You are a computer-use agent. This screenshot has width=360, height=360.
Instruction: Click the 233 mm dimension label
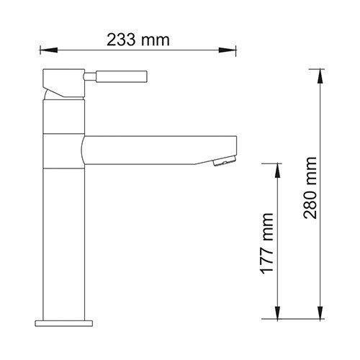[138, 40]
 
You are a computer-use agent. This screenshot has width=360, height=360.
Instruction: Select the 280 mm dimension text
[310, 188]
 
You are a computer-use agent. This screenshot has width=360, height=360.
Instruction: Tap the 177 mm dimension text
[266, 243]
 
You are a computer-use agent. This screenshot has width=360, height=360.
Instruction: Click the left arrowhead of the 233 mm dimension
[49, 50]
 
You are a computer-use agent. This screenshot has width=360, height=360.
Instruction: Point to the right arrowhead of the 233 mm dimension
[228, 50]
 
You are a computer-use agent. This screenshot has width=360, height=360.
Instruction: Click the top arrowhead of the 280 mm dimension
[320, 76]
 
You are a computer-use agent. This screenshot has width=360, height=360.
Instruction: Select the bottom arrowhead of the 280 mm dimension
[320, 312]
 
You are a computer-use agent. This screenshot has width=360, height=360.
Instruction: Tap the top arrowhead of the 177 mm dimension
[277, 171]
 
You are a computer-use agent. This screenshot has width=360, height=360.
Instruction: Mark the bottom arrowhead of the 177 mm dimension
[277, 312]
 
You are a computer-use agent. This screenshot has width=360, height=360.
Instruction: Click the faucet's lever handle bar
[122, 76]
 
